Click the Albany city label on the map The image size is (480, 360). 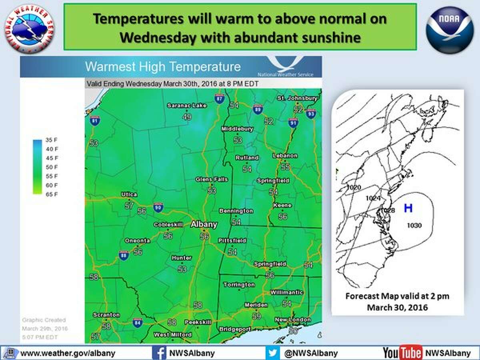coord(204,224)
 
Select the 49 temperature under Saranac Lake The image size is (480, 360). coord(187,117)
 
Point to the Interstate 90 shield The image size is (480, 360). coord(158,207)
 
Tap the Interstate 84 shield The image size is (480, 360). coord(138,323)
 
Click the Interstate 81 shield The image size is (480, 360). coord(95,120)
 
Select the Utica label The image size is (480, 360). coord(129,194)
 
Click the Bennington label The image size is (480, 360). coord(236,211)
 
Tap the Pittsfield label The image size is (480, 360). coord(232,241)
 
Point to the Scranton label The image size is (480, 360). coord(106,315)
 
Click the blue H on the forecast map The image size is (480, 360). coord(408,208)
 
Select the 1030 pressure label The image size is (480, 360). coord(414,226)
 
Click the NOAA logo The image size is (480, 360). coord(446,30)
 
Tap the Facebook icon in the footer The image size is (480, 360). coord(159,353)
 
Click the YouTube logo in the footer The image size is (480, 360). coord(402,353)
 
